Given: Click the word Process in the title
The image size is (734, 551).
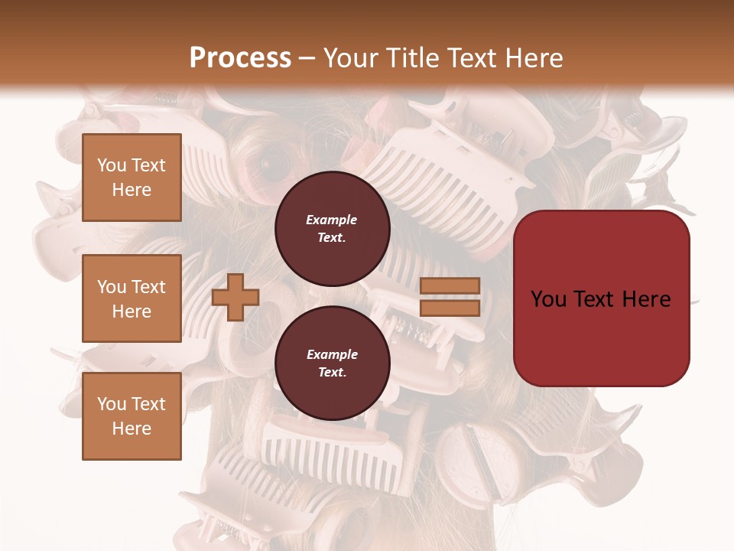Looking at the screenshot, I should [240, 57].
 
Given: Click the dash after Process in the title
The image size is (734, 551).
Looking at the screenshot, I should [307, 59].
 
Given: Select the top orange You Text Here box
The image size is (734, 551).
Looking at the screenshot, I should [132, 178].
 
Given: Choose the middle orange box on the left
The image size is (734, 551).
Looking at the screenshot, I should [132, 298].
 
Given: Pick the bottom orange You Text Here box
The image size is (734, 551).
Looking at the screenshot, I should [132, 416].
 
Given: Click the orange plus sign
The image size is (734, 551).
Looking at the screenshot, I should [235, 297].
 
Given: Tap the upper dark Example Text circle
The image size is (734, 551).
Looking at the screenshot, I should [333, 228].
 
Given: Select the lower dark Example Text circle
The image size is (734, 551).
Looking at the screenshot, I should [333, 363].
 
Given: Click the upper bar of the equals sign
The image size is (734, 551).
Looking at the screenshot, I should [450, 285].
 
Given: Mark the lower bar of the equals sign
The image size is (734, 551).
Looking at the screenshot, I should [450, 308].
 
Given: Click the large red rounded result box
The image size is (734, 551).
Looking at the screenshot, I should [601, 298].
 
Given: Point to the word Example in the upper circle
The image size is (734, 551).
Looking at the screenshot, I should [332, 220].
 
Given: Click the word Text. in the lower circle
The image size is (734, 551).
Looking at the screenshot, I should [332, 373].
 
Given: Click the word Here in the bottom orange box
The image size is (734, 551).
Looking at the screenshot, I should [132, 429].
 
